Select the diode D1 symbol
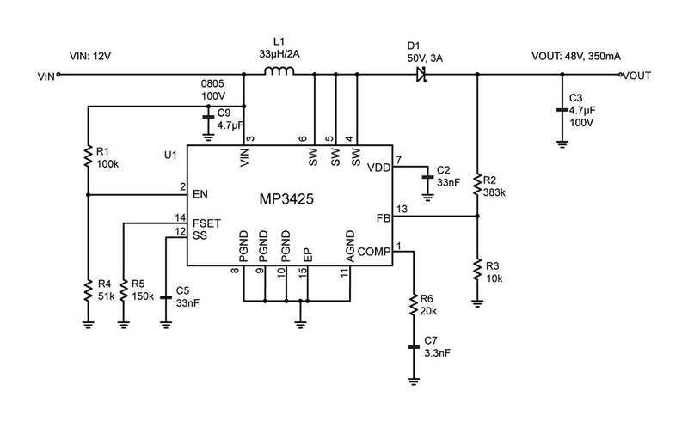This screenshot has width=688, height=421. tap(421, 76)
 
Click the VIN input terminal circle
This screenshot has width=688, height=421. tap(58, 76)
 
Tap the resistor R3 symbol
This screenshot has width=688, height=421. tap(476, 271)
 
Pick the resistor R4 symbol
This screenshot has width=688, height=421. tap(87, 291)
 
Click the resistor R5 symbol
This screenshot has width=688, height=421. tap(124, 291)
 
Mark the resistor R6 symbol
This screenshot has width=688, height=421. tap(415, 302)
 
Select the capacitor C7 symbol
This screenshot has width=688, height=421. tap(415, 346)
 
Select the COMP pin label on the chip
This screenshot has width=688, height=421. tap(372, 251)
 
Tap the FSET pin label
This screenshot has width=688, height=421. tap(207, 223)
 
